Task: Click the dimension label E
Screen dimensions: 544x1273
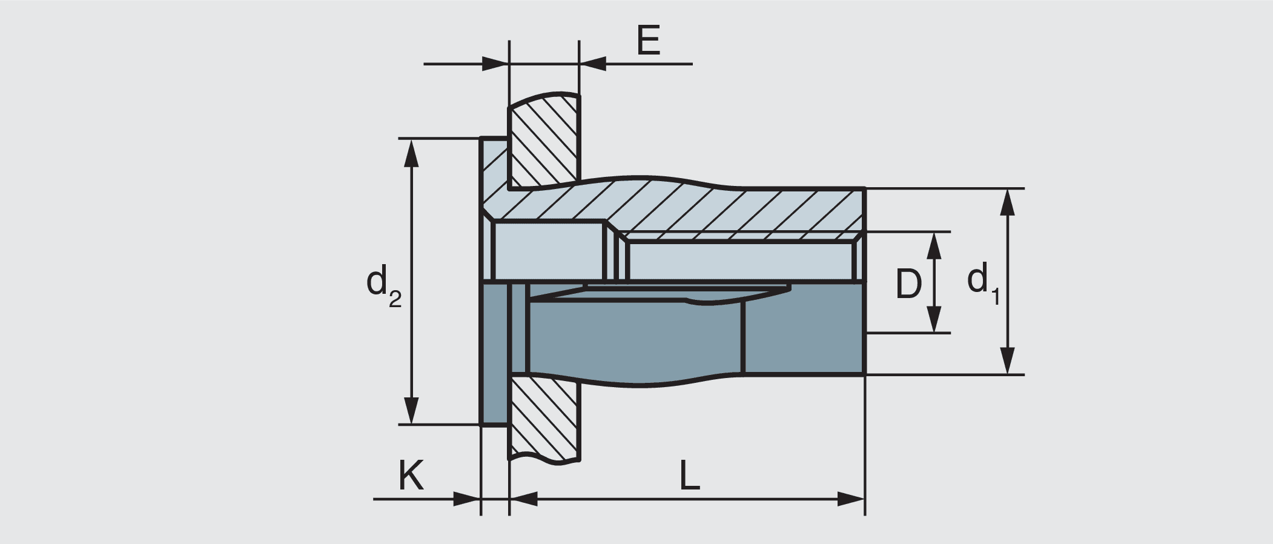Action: tap(648, 41)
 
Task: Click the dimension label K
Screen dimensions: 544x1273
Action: tap(411, 476)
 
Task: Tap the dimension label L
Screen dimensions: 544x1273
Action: tap(689, 476)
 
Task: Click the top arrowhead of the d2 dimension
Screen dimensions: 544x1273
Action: tap(411, 151)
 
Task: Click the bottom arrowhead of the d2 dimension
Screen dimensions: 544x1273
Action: tap(411, 411)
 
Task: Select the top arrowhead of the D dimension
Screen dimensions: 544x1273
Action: tap(934, 244)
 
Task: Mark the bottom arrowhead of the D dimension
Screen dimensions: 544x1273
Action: tap(934, 320)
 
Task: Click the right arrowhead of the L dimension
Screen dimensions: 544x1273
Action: tap(851, 500)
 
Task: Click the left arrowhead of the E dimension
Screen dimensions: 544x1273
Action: tap(495, 63)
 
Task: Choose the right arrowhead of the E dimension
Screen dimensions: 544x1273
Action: tap(593, 63)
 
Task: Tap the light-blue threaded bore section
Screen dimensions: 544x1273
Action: tap(742, 260)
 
